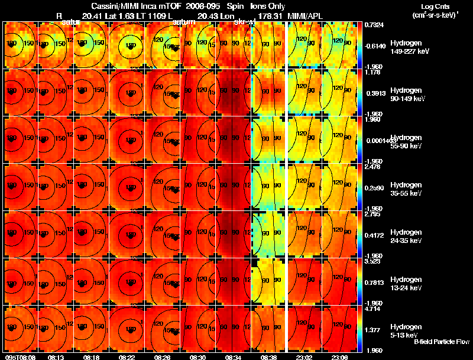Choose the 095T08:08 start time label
point(20,356)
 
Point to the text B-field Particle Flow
point(440,342)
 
